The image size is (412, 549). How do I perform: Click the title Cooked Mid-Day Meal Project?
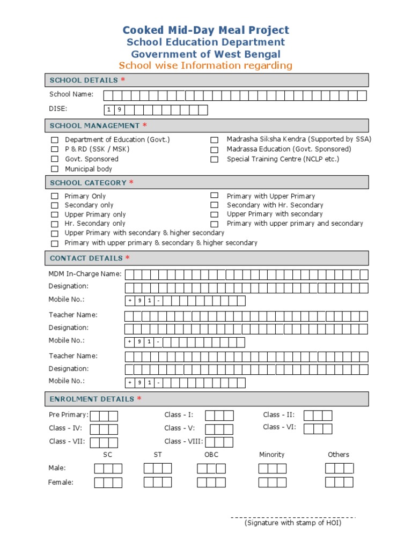206,31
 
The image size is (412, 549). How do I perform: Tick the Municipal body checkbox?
55,169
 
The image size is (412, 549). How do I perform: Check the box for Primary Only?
55,197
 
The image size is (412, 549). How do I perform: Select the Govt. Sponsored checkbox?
55,159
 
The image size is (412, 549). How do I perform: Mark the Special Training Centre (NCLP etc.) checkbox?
214,160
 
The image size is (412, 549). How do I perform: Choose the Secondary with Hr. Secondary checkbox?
214,205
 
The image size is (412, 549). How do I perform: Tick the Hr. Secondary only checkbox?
55,224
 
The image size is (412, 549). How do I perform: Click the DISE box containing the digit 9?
119,110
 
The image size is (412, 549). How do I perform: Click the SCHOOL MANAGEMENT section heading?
94,126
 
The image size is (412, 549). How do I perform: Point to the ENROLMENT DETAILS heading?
92,399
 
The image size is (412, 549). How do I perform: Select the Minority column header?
271,455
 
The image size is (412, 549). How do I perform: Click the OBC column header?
211,455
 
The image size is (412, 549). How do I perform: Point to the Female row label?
61,483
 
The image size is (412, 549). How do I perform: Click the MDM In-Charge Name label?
85,274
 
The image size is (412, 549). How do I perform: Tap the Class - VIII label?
183,442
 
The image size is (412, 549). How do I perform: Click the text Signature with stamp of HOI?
292,523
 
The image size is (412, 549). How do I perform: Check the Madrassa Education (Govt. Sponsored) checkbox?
214,150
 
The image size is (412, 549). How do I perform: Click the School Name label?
71,95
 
